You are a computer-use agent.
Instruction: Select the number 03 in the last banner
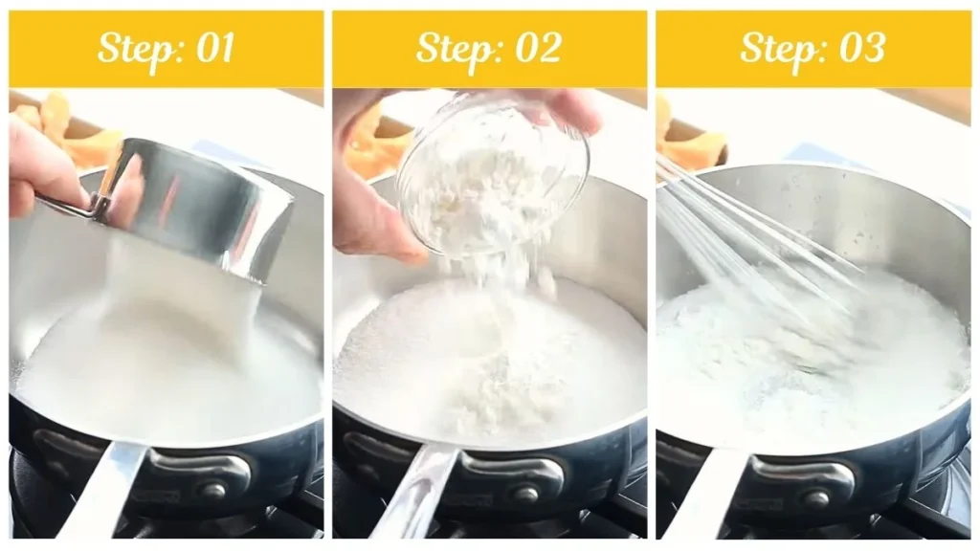pos(860,48)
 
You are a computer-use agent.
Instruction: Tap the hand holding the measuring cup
pos(38,167)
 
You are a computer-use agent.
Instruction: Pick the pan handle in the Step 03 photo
pos(713,493)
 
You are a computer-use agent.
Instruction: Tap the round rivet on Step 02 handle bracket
pos(523,495)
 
